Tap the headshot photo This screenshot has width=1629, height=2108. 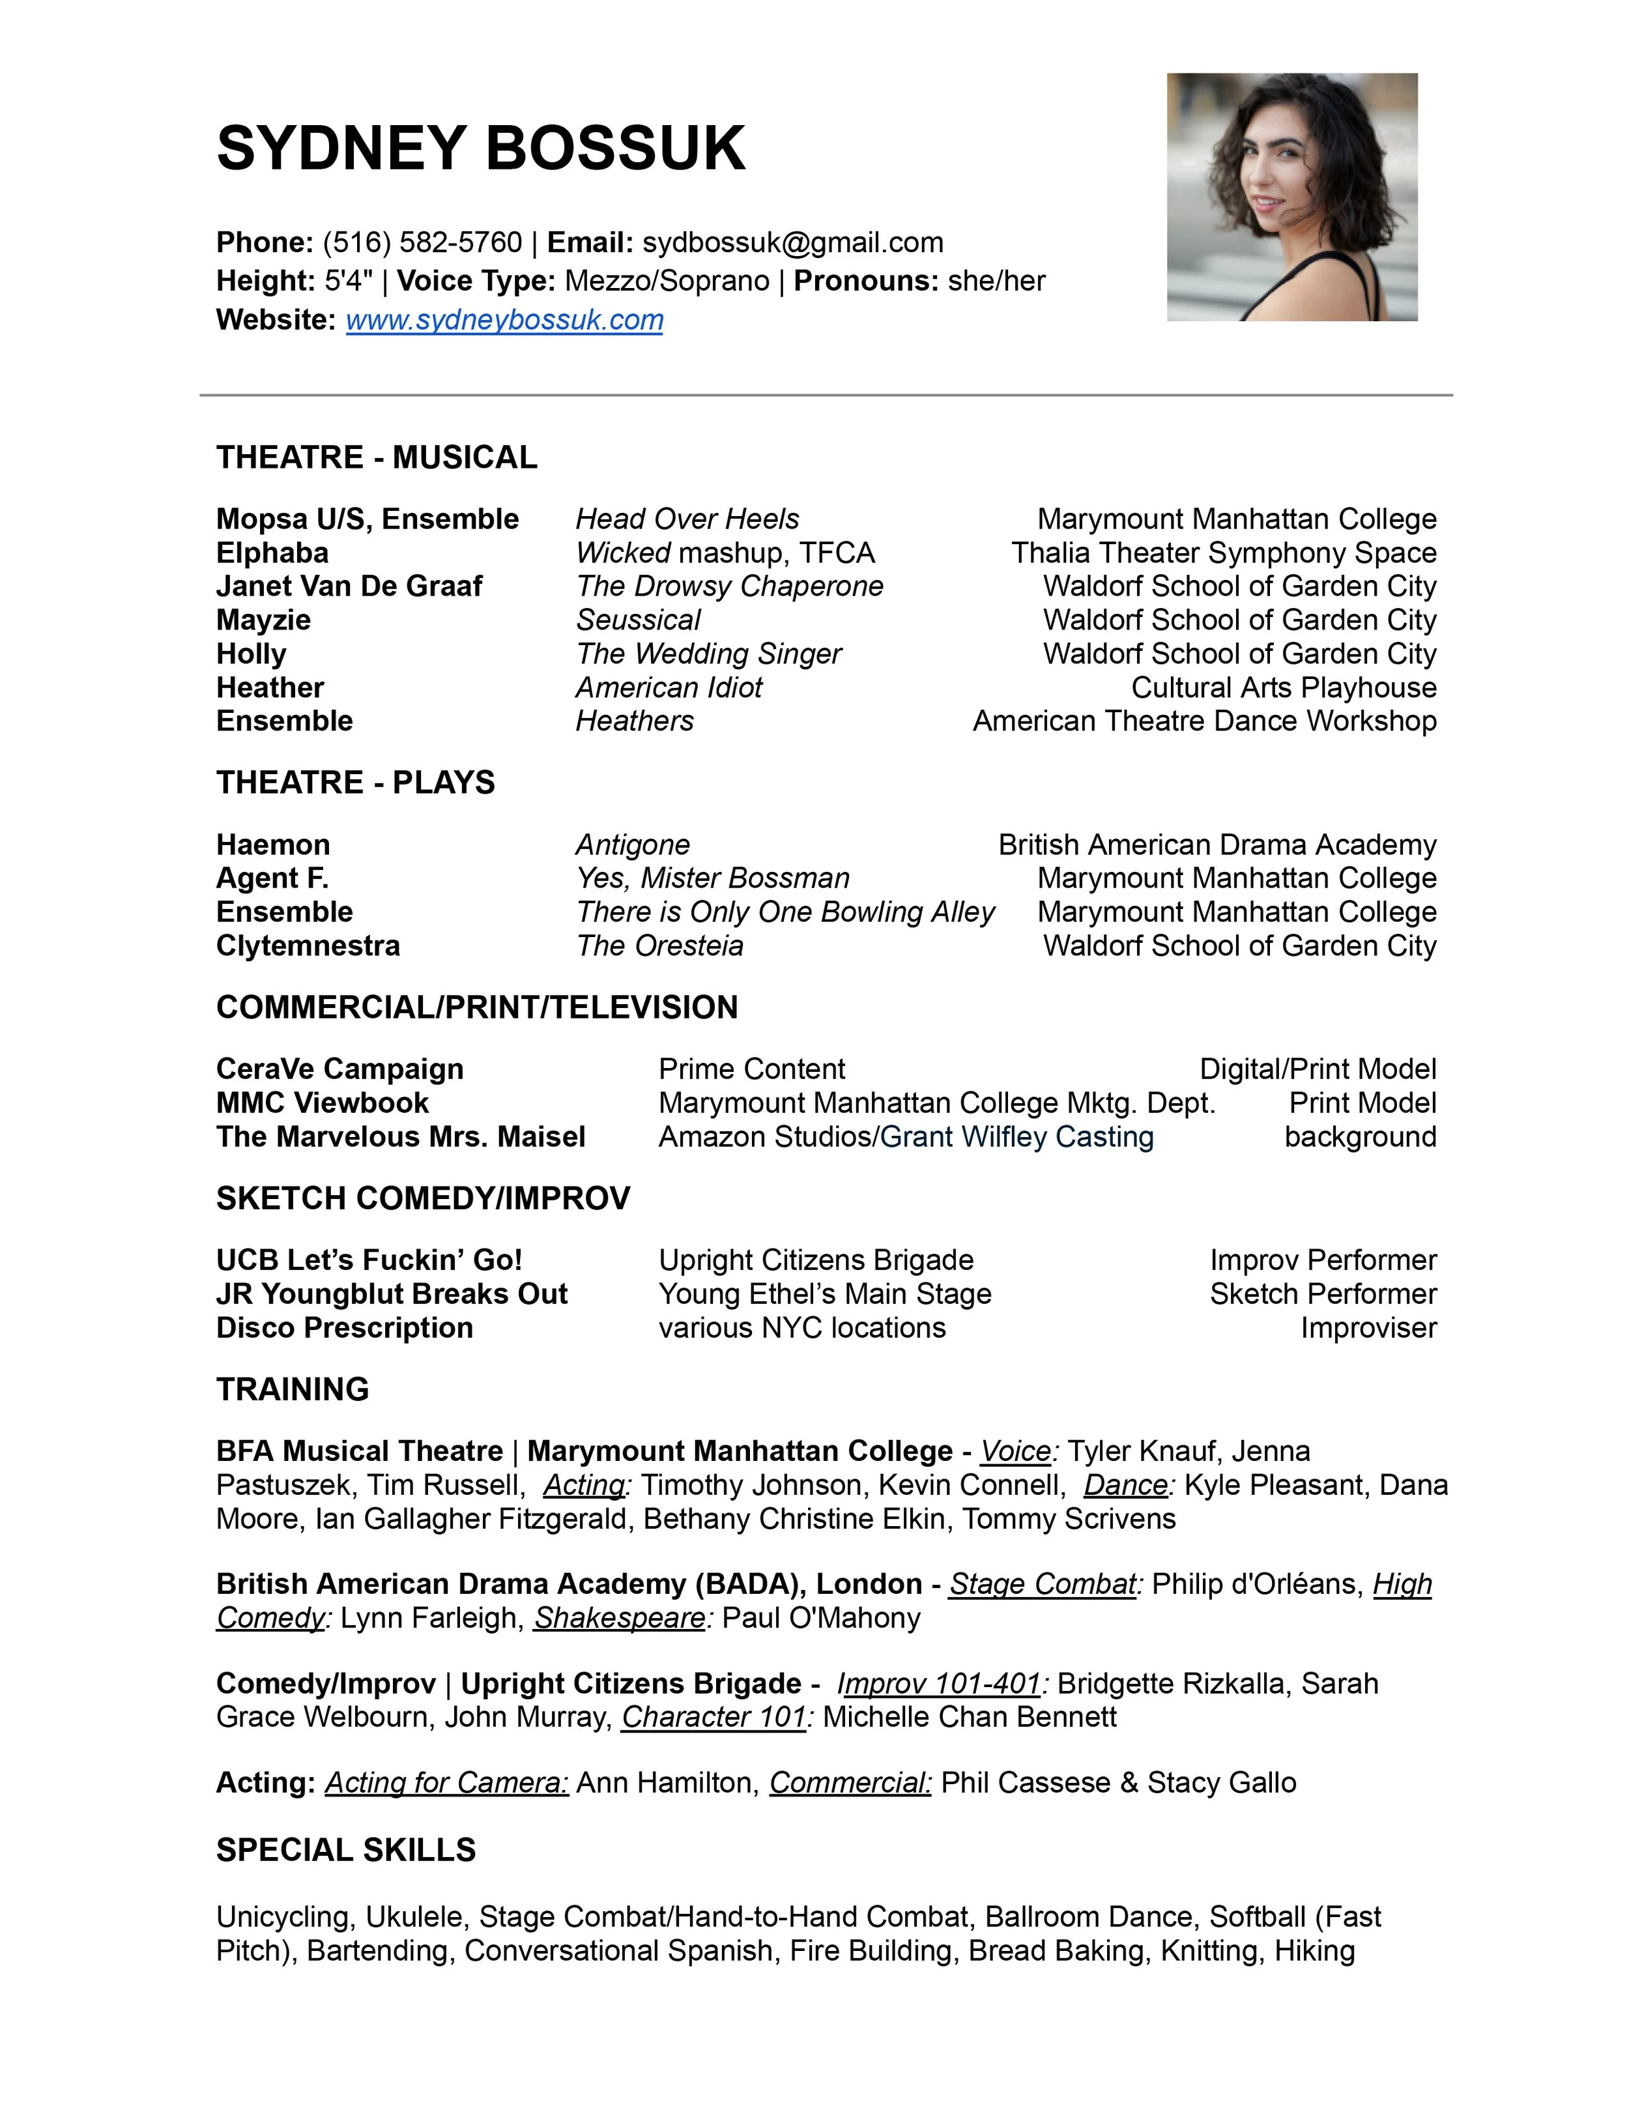[x=1291, y=197]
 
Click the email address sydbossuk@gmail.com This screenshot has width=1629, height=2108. [x=792, y=242]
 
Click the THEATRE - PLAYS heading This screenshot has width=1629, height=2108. [x=355, y=782]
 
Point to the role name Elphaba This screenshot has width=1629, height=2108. [x=272, y=553]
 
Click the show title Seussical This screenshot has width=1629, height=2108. [x=638, y=620]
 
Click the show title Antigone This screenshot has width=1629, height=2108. [x=633, y=845]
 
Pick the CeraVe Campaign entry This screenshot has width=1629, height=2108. [x=339, y=1069]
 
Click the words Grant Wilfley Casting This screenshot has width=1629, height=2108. [x=1016, y=1136]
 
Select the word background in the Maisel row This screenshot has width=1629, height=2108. [x=1360, y=1136]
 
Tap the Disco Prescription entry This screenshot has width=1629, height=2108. [x=345, y=1327]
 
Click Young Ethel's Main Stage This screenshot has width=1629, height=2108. [x=824, y=1293]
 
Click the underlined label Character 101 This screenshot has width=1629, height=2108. [x=713, y=1716]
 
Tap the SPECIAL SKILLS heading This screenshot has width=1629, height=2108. [x=345, y=1849]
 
